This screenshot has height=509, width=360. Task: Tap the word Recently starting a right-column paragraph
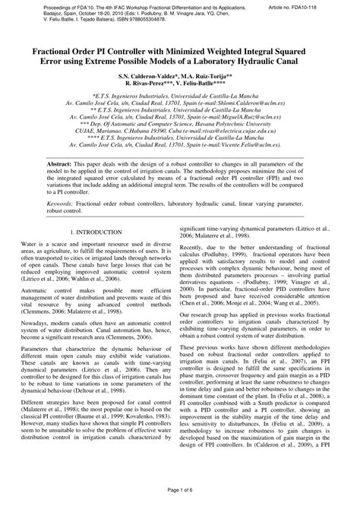tap(193, 248)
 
